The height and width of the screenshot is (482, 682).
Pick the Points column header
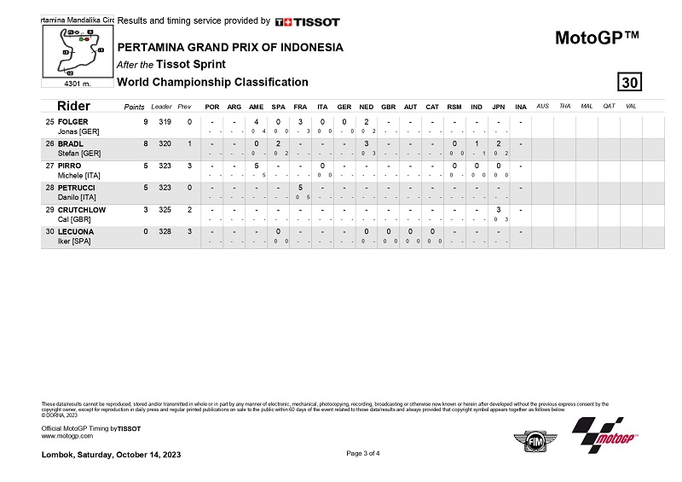tap(134, 107)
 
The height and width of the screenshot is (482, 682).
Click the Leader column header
tap(161, 107)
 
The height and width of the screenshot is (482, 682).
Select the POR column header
tap(211, 107)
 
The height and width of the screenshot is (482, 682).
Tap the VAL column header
tap(630, 107)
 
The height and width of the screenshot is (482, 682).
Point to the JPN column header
tap(498, 107)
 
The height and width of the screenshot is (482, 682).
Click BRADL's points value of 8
tap(146, 143)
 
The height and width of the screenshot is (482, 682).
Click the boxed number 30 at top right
tap(630, 82)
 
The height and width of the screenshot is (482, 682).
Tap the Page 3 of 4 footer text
tap(363, 453)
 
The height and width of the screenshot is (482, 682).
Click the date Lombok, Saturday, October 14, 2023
tap(111, 454)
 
